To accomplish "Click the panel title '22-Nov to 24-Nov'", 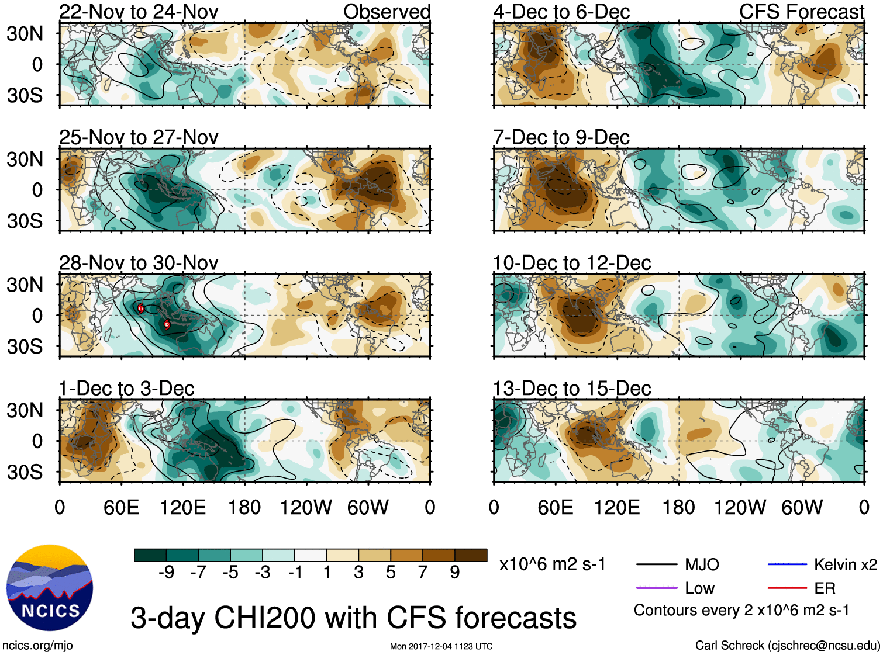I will point(139,12).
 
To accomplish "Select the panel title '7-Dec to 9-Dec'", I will point(561,137).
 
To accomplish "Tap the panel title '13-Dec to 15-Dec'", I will point(572,389).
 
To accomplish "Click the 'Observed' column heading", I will point(387,12).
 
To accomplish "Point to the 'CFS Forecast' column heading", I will point(801,12).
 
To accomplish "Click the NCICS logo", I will point(50,587).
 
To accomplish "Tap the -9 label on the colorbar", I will point(166,573).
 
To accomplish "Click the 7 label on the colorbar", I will point(423,573).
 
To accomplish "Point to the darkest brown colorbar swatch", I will point(471,555).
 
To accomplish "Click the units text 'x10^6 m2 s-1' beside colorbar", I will point(553,564).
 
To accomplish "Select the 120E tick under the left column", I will point(183,507).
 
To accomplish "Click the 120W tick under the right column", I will point(740,507).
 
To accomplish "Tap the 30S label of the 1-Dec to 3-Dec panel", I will point(25,472).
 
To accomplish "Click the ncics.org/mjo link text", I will point(37,646).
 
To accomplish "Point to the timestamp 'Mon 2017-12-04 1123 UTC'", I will point(441,646).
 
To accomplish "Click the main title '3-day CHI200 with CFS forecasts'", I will point(353,618).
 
